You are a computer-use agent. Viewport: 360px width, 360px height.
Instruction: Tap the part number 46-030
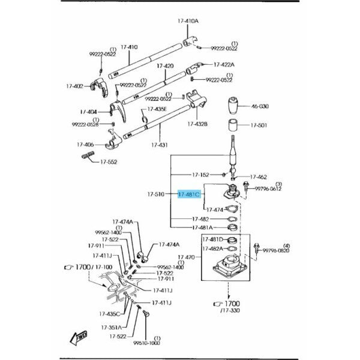[x=261, y=106]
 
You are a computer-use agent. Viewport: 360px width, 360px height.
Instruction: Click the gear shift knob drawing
[x=233, y=106]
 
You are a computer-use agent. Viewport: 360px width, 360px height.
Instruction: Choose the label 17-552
[x=110, y=161]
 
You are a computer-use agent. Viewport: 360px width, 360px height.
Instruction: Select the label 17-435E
[x=158, y=109]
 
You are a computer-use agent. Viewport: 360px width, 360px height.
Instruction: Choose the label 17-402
[x=76, y=86]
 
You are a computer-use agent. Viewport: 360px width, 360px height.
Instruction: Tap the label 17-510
[x=156, y=194]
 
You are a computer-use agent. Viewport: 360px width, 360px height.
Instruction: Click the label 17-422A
[x=224, y=64]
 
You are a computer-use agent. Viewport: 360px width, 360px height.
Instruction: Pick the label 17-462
[x=259, y=177]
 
